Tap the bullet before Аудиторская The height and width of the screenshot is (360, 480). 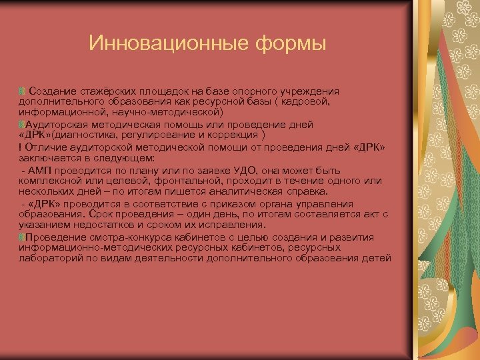click(x=21, y=124)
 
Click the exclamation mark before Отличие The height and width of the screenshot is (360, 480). click(x=19, y=147)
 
